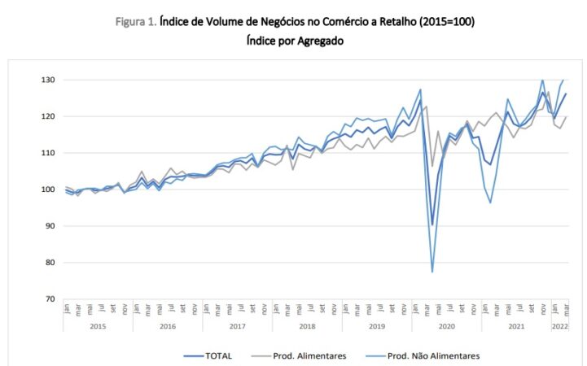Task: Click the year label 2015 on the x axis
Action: point(98,325)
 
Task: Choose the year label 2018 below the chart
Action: point(307,325)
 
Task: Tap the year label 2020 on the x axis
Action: point(446,325)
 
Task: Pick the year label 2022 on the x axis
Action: point(559,325)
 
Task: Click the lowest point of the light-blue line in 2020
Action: point(432,272)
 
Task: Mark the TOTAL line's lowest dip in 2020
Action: point(432,224)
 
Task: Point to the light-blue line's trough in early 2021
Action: point(490,203)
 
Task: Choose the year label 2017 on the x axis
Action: point(237,325)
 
